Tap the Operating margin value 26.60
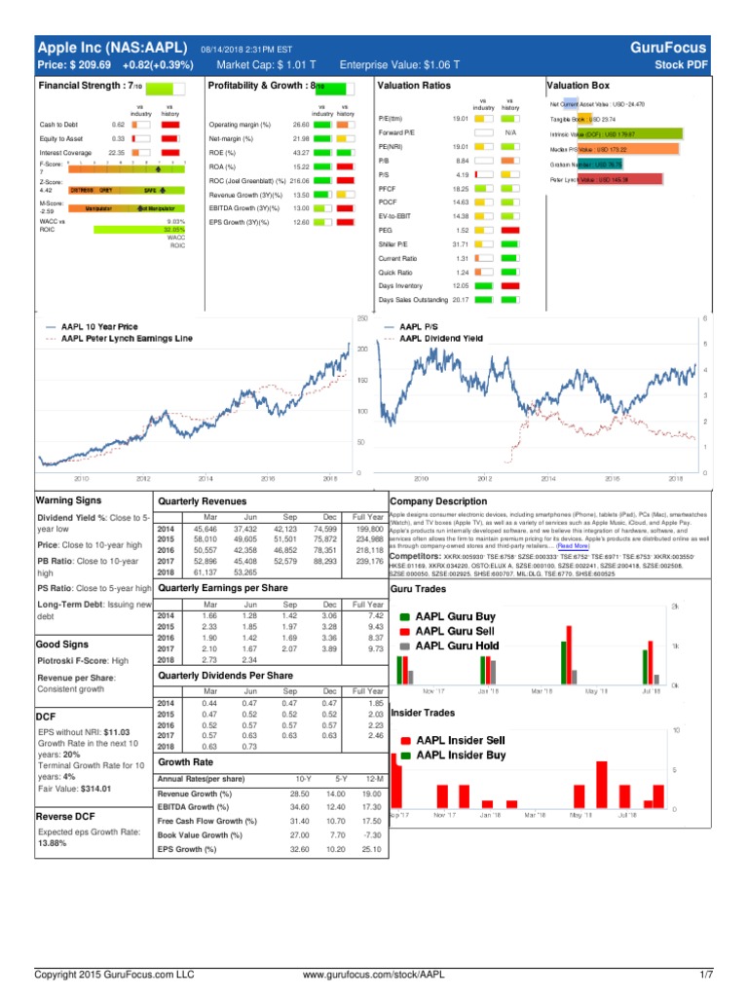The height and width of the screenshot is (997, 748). click(x=300, y=125)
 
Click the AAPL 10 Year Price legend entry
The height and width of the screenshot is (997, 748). click(x=99, y=327)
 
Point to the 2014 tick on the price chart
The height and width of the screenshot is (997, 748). click(x=206, y=479)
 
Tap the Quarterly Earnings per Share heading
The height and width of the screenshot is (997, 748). click(x=224, y=589)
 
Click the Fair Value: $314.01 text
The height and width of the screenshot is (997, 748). click(x=74, y=789)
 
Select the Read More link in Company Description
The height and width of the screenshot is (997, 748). click(x=573, y=547)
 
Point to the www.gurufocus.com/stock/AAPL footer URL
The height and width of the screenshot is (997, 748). click(x=373, y=974)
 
